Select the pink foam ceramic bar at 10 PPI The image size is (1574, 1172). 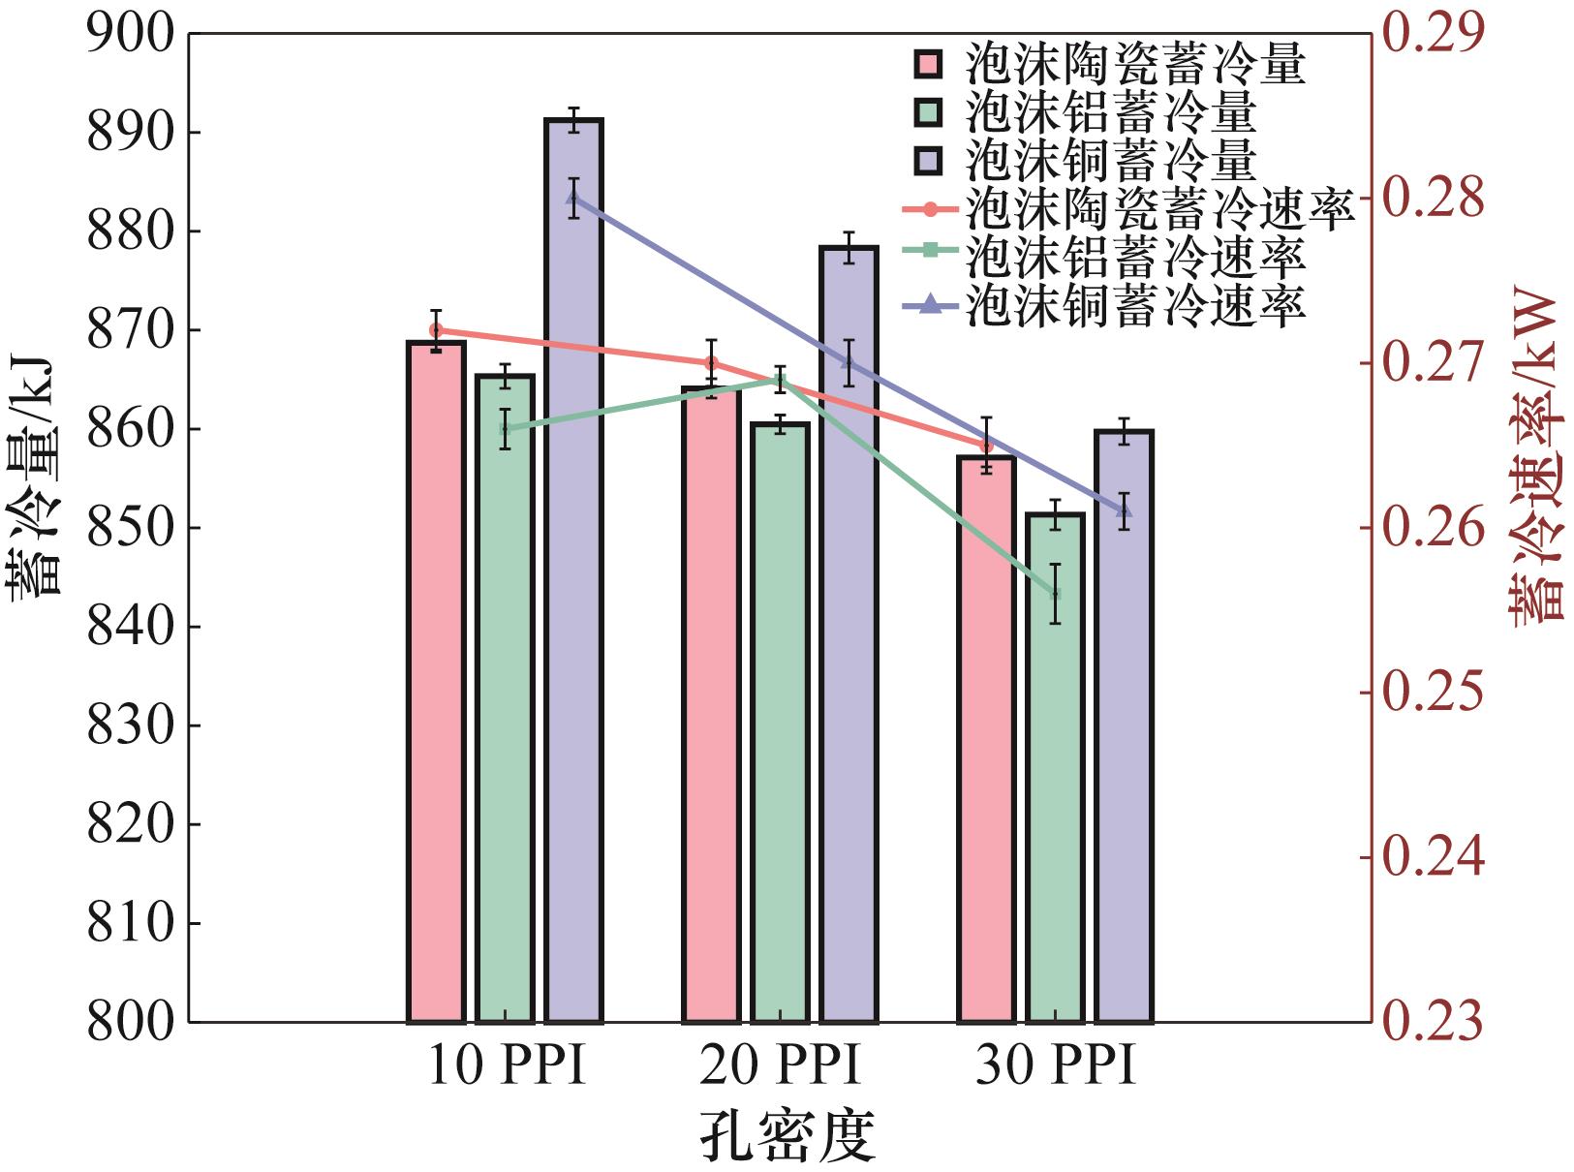pos(436,678)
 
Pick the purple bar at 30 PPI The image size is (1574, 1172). pos(1124,726)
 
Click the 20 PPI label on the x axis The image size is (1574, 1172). pos(780,1067)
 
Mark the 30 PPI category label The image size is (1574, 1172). pos(1055,1067)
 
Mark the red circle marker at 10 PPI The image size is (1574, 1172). pos(436,330)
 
